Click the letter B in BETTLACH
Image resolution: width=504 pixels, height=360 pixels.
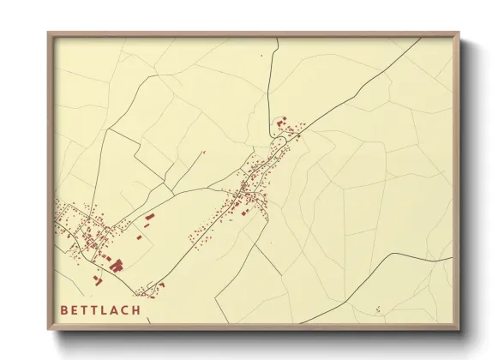[x=64, y=309]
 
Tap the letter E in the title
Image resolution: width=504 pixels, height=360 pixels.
[x=79, y=309]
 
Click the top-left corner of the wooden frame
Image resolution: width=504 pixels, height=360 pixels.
[x=48, y=33]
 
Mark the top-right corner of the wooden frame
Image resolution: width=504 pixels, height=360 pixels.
[x=459, y=33]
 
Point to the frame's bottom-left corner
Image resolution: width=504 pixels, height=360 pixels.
[x=48, y=330]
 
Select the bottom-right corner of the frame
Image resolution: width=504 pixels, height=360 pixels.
[x=459, y=330]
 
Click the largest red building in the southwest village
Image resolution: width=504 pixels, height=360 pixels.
[x=116, y=265]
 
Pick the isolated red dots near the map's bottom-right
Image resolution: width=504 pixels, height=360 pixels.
[x=377, y=309]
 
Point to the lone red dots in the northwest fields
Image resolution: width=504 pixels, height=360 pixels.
[x=204, y=153]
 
